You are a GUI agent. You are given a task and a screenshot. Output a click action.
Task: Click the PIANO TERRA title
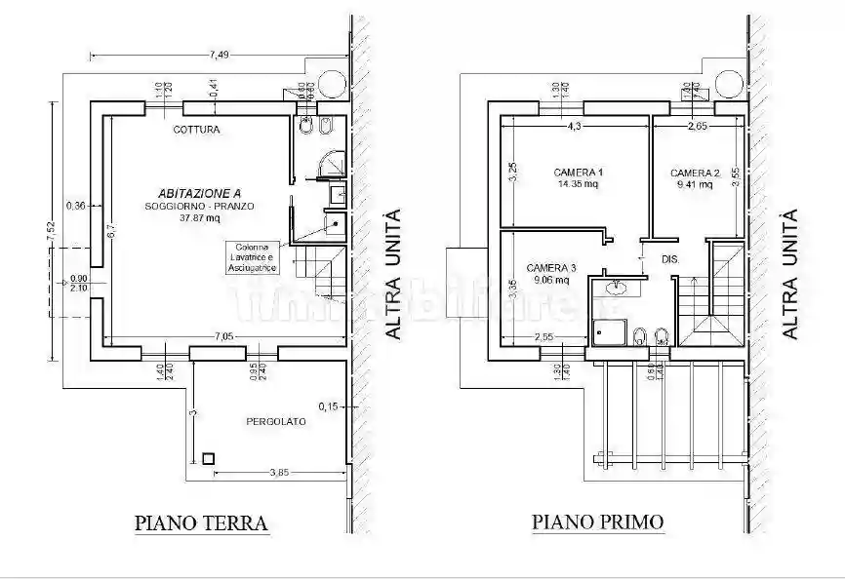[x=201, y=523]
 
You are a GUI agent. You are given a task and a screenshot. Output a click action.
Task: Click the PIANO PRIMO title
[x=597, y=522]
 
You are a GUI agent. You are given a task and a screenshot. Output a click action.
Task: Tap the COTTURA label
[x=197, y=129]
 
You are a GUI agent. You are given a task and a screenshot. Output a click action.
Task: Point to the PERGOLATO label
[x=274, y=422]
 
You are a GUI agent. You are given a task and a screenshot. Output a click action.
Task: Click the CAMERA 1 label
[x=579, y=173]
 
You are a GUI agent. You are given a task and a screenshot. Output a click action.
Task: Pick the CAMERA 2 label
[x=696, y=173]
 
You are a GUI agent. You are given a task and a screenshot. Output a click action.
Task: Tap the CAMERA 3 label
[x=552, y=267]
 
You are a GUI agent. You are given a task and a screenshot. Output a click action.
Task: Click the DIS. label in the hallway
[x=670, y=259]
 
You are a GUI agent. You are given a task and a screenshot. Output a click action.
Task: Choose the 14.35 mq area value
[x=578, y=183]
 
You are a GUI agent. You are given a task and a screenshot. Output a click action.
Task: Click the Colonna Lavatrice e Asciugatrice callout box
[x=253, y=257]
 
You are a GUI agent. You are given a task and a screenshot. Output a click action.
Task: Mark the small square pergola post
[x=209, y=458]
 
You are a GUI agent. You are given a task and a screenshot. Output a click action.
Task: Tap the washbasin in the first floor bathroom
[x=616, y=288]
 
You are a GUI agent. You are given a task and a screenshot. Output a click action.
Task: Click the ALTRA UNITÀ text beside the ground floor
[x=393, y=274]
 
